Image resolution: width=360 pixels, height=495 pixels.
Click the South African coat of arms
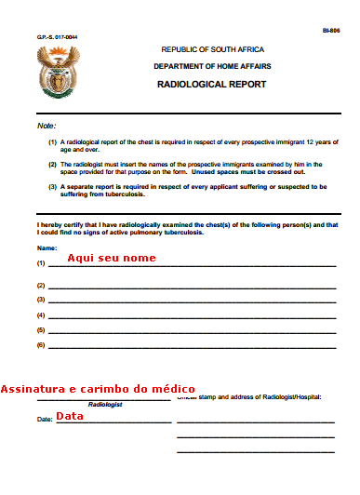(x=59, y=74)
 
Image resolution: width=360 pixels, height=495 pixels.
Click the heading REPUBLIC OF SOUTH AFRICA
(x=212, y=49)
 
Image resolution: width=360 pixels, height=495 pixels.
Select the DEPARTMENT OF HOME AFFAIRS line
(x=212, y=66)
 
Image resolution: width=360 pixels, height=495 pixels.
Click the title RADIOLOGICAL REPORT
(x=212, y=84)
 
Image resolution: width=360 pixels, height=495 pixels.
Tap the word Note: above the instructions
(x=47, y=125)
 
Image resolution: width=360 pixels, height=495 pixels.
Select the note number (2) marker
(x=52, y=164)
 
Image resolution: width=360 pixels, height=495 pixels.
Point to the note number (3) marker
(x=52, y=186)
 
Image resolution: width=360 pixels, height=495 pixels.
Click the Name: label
(x=47, y=248)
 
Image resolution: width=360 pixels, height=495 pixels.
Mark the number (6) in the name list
(x=41, y=345)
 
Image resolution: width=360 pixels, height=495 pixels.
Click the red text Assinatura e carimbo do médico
(x=98, y=388)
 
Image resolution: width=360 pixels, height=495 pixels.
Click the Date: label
(x=45, y=420)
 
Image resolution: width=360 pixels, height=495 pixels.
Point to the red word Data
(x=70, y=416)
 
